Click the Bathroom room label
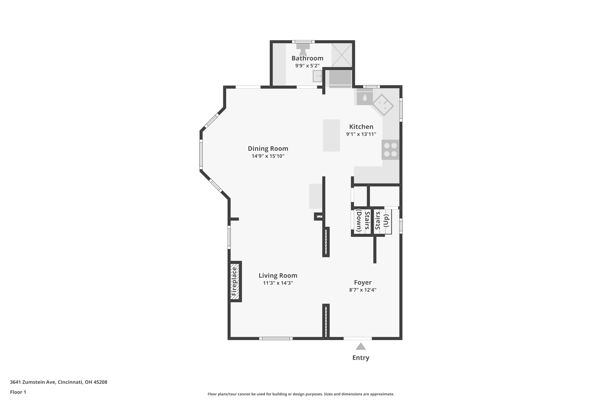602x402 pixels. [307, 58]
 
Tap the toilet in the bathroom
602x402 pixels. [303, 49]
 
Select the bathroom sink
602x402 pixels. [317, 76]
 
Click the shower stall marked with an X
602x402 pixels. [342, 55]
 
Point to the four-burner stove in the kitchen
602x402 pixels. [390, 150]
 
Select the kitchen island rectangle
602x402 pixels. [332, 135]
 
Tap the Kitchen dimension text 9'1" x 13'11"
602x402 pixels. [361, 134]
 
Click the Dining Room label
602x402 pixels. [268, 149]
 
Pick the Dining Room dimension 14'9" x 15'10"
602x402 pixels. [268, 156]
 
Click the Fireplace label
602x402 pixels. [234, 281]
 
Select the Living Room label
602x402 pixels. [278, 276]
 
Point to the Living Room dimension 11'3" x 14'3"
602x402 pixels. [278, 283]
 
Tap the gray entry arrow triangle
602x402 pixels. [361, 347]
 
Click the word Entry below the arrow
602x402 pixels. [361, 358]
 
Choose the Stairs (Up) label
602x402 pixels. [382, 220]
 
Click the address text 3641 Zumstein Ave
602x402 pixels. [33, 382]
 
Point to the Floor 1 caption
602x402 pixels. [18, 392]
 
